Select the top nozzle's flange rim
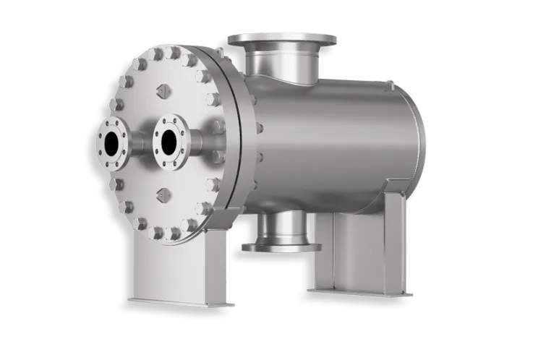282,36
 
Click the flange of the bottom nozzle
281,248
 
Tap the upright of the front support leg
182,267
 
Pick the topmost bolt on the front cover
174,53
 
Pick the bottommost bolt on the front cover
174,232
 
